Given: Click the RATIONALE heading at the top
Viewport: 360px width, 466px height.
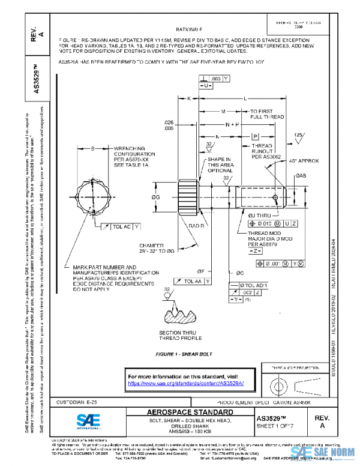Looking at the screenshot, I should (x=189, y=29).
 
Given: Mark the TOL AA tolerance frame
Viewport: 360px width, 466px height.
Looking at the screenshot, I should (x=193, y=281).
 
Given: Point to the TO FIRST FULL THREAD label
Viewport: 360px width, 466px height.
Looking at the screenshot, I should (x=266, y=115).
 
